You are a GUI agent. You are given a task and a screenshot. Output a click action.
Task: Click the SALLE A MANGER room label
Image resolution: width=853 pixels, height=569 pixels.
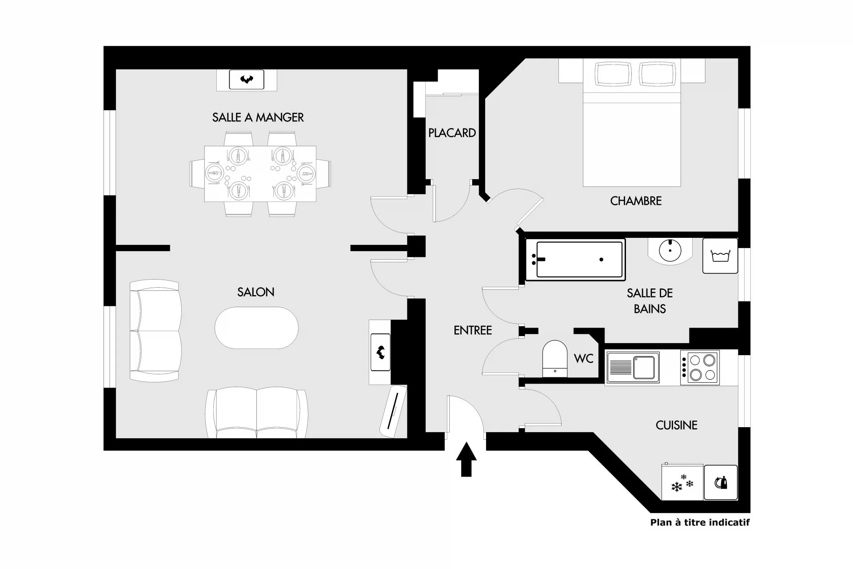(258, 117)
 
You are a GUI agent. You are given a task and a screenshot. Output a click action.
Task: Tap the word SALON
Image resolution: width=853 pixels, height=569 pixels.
(256, 292)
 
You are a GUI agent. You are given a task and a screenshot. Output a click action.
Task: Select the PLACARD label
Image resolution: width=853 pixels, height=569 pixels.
(452, 133)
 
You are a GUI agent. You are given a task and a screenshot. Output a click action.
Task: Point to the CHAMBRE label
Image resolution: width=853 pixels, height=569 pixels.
(636, 201)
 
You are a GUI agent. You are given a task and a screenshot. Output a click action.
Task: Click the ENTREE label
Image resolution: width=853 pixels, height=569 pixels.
(473, 330)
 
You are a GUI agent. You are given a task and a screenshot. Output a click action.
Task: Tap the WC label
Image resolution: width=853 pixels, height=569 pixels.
(584, 359)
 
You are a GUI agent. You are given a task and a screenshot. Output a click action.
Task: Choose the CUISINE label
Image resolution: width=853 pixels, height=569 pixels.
(676, 425)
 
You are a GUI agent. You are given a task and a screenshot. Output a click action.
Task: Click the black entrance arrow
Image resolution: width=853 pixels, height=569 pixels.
(466, 459)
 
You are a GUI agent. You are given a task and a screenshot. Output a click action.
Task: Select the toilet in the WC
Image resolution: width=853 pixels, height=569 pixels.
(555, 359)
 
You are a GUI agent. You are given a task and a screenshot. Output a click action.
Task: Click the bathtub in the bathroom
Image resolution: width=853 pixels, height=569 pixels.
(575, 260)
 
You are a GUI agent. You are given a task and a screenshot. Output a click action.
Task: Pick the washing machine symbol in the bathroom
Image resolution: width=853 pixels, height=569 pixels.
(720, 256)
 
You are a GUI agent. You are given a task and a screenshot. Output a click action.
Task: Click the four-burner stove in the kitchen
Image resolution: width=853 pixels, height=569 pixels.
(699, 368)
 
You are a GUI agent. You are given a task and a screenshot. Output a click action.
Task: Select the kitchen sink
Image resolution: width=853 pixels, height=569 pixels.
(633, 368)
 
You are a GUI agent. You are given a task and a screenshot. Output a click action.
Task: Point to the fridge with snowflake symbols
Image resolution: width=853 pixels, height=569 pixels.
(682, 482)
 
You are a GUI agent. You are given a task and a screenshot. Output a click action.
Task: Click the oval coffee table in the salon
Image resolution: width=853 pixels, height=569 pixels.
(256, 328)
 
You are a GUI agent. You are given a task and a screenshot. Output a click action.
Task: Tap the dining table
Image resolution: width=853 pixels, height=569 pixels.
(260, 174)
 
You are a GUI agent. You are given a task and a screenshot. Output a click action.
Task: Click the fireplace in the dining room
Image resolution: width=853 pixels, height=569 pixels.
(247, 80)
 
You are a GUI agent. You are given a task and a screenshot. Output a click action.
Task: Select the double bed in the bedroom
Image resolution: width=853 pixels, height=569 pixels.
(632, 123)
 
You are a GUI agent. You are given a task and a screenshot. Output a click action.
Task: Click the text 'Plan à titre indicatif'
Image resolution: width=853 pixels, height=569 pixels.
(700, 522)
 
